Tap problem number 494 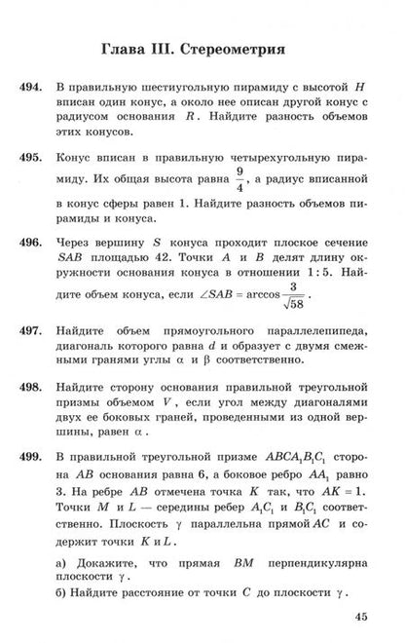point(30,88)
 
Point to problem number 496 point(30,242)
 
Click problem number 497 point(30,330)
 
